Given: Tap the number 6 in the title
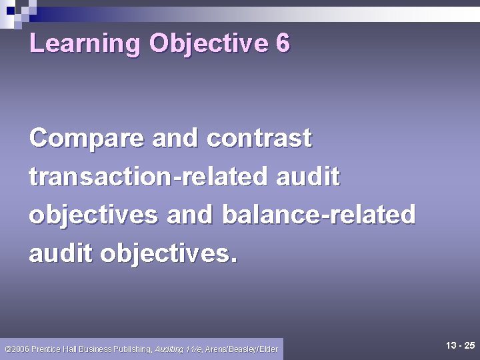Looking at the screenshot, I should pyautogui.click(x=282, y=44).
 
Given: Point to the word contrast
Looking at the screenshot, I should pyautogui.click(x=259, y=139).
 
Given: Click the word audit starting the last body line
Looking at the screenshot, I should pyautogui.click(x=61, y=254).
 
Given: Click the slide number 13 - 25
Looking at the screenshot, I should pyautogui.click(x=460, y=345).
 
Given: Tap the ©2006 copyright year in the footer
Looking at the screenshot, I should pyautogui.click(x=16, y=349).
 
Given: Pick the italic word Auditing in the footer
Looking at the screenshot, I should pyautogui.click(x=169, y=349).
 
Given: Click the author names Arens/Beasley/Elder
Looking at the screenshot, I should pyautogui.click(x=242, y=349).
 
